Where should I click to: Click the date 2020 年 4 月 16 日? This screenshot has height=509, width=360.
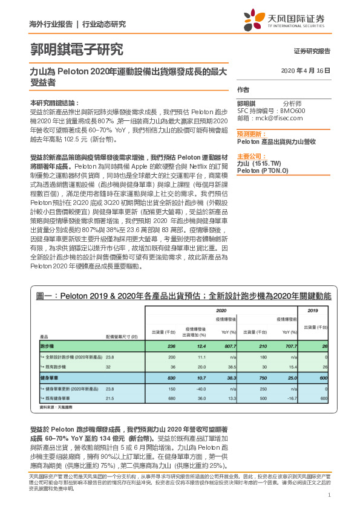306,71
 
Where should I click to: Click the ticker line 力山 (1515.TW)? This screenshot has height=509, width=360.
259,163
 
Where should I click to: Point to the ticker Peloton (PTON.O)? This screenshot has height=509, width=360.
263,170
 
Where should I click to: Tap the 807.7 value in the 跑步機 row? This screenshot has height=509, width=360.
227,345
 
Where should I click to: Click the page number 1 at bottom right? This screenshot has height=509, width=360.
329,496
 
